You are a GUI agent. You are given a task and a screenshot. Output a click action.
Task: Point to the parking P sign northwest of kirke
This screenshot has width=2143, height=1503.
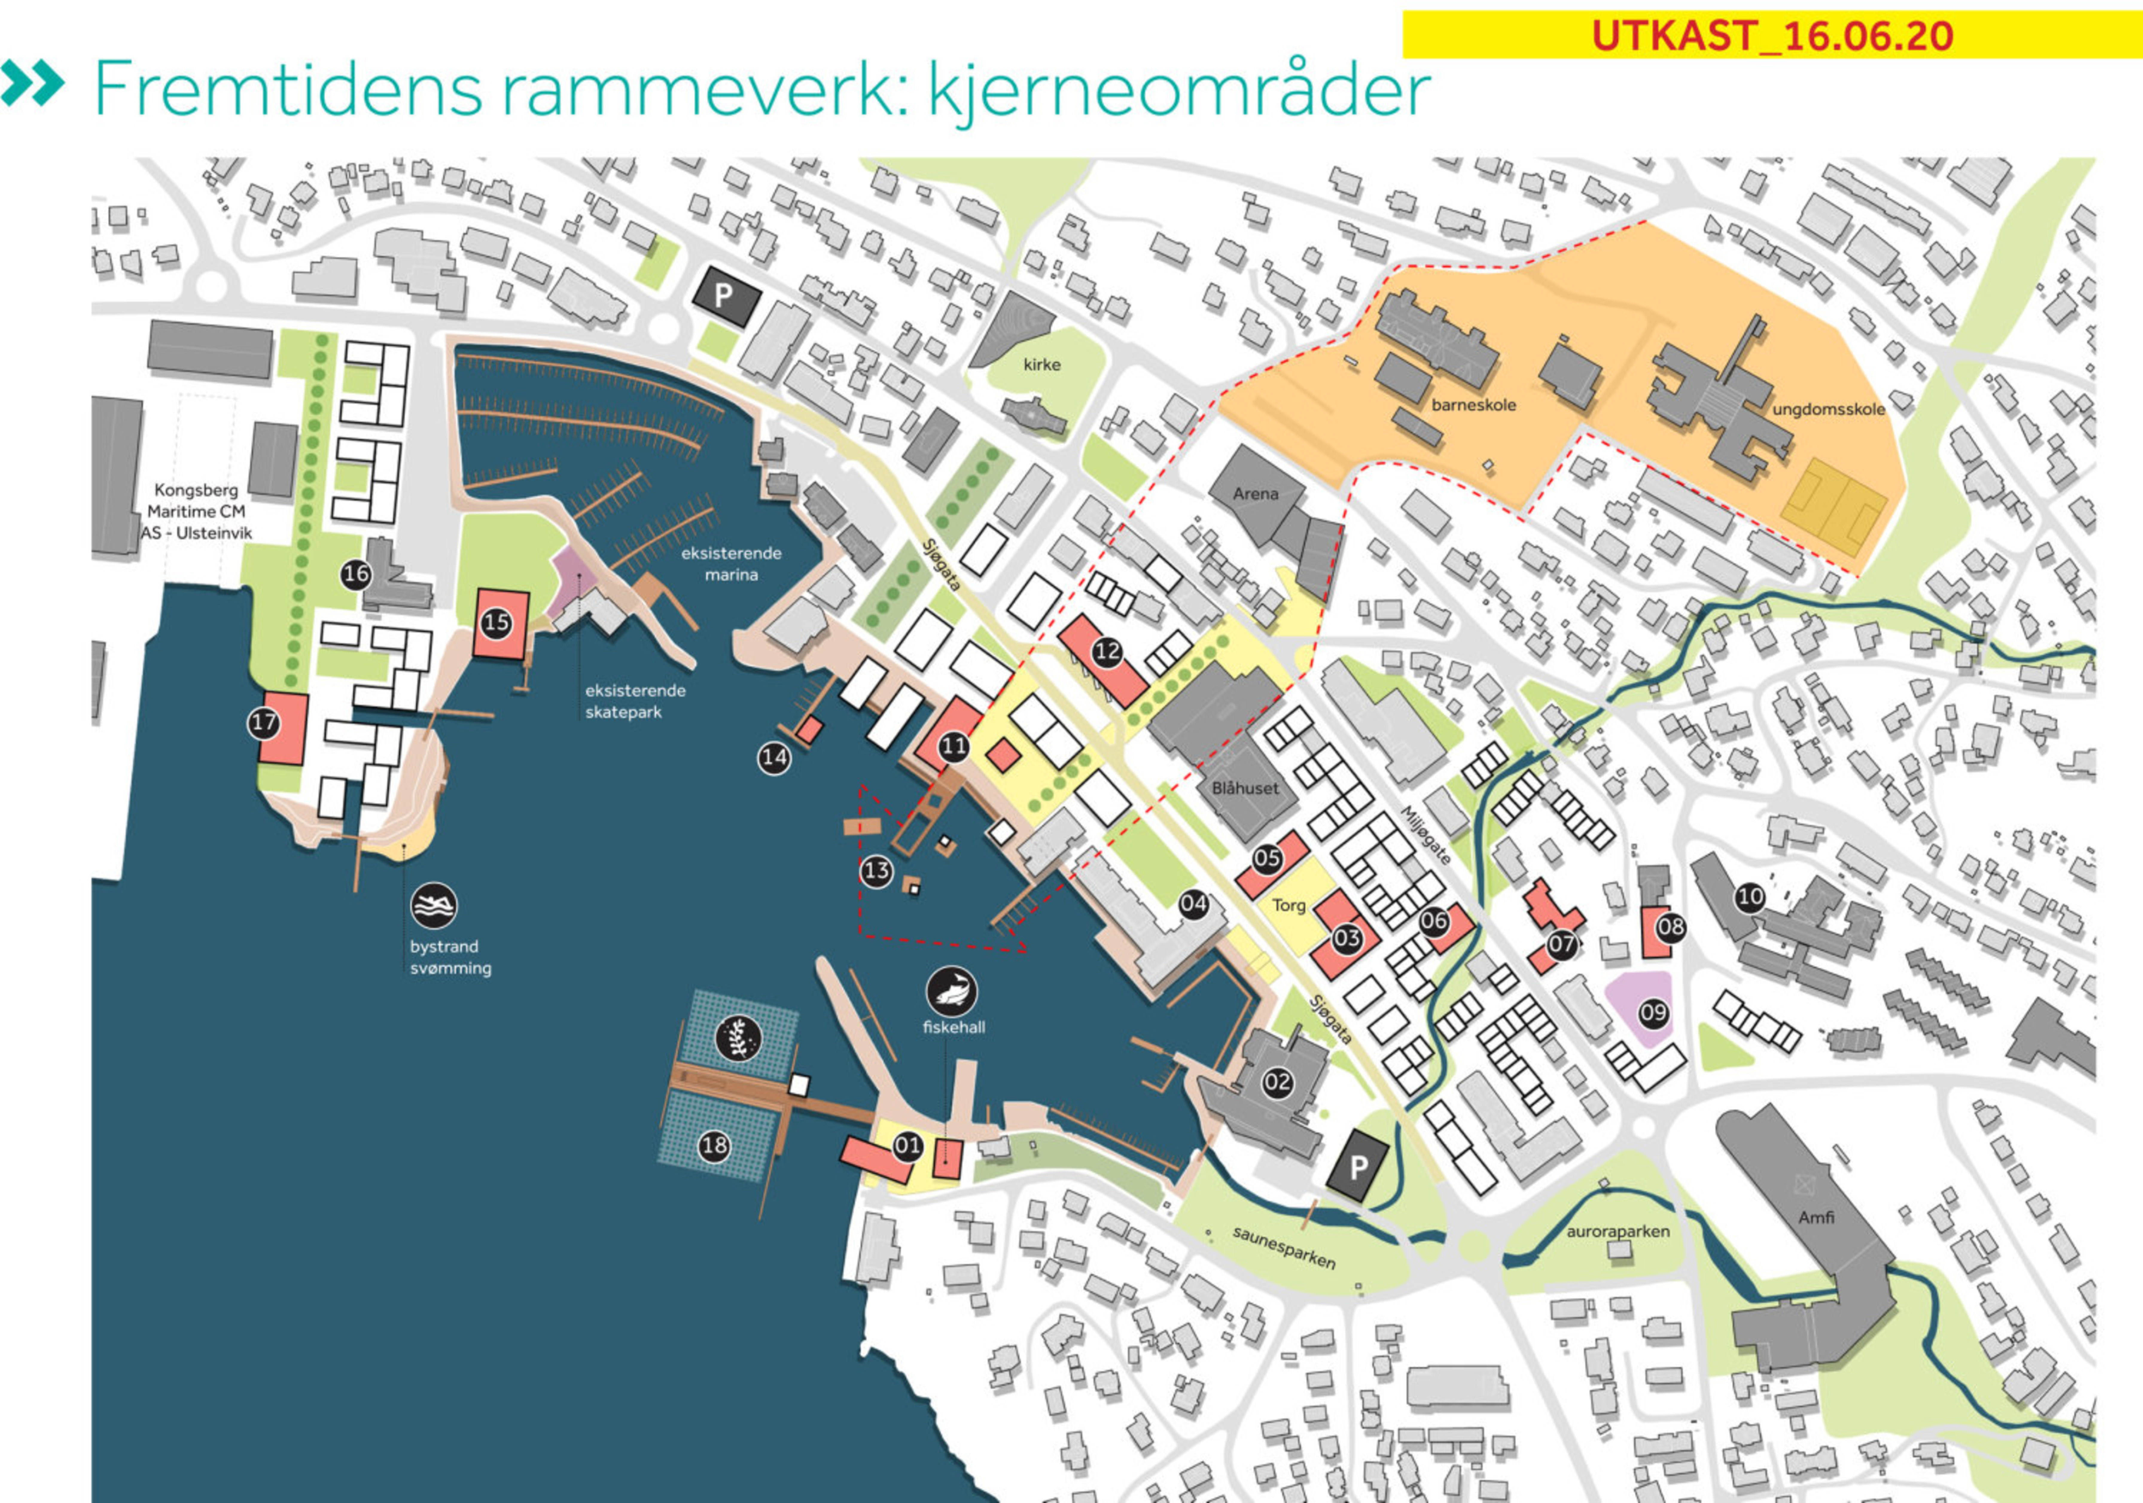(724, 297)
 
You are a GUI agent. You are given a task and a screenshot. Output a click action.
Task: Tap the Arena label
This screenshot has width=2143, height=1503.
(1255, 494)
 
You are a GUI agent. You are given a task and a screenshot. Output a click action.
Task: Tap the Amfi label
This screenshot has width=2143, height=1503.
(1816, 1217)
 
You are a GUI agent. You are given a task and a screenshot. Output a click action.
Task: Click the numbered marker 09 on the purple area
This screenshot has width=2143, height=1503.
(1653, 1013)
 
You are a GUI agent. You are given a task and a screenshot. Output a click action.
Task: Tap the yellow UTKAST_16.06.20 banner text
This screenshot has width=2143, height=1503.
(1772, 36)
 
